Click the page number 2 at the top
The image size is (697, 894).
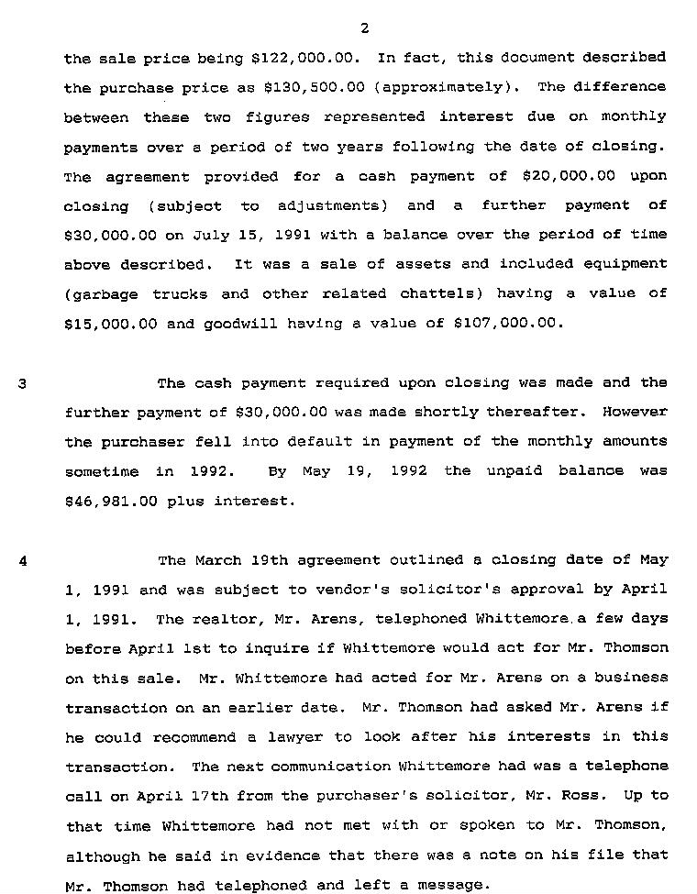pyautogui.click(x=364, y=28)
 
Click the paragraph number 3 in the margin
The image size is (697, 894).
pyautogui.click(x=22, y=383)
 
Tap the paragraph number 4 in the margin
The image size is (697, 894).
pyautogui.click(x=22, y=560)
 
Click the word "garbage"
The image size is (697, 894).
pyautogui.click(x=102, y=294)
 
